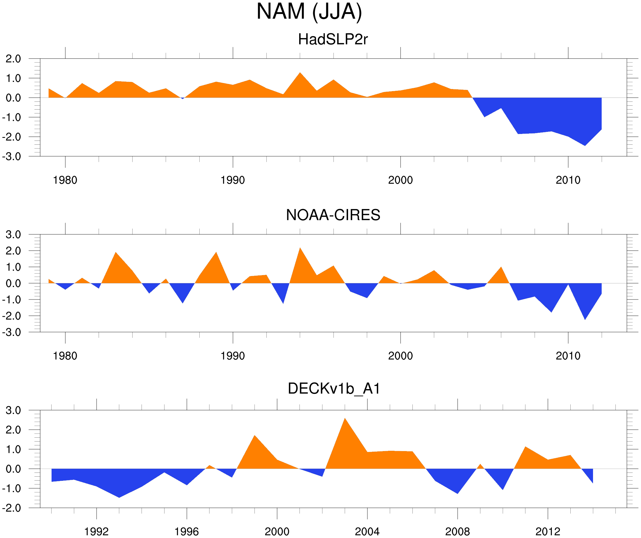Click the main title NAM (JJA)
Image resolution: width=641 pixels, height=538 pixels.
(309, 12)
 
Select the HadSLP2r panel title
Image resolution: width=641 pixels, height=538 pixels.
(333, 39)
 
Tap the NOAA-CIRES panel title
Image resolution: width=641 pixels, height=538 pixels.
(333, 215)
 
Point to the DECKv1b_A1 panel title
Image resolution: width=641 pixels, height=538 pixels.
(334, 389)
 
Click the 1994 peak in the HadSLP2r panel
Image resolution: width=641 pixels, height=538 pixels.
(300, 74)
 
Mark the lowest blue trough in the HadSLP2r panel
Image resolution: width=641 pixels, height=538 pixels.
(585, 145)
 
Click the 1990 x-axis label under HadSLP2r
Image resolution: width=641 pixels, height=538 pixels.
(233, 180)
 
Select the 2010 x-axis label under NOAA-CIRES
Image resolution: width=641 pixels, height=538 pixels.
(568, 356)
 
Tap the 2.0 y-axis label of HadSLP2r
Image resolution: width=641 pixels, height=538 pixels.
(13, 59)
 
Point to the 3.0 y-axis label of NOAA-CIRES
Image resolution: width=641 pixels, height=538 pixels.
(13, 235)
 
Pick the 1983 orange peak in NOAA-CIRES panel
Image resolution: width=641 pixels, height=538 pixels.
(116, 253)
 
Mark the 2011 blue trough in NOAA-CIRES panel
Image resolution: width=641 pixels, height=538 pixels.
(585, 319)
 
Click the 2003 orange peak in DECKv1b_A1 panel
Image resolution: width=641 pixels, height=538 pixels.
(344, 419)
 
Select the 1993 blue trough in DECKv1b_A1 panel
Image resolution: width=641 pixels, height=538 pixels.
(119, 497)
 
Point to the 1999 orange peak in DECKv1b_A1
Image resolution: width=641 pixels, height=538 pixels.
(254, 436)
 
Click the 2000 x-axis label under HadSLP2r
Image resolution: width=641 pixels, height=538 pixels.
(400, 180)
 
